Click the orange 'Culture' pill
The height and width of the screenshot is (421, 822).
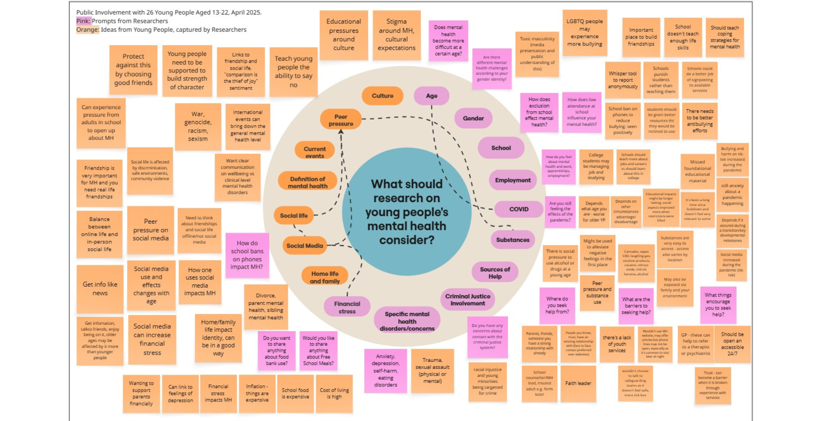[x=382, y=96]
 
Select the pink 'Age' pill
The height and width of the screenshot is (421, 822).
[x=432, y=96]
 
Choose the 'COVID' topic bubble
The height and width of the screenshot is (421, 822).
[x=519, y=209]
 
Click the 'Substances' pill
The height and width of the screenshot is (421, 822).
[x=512, y=240]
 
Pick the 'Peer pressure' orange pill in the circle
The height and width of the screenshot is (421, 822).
[x=341, y=120]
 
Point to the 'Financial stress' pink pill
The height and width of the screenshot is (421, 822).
[x=347, y=307]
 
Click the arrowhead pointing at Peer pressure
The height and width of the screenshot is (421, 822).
[x=341, y=132]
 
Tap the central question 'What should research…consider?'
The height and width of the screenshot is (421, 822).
[x=407, y=212]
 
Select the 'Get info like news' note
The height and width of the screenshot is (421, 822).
[x=100, y=289]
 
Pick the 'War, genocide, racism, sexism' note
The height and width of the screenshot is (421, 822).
[x=198, y=126]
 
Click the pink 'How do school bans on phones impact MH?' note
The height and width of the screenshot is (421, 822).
[x=247, y=255]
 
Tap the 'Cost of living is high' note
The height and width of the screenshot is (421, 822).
[x=334, y=393]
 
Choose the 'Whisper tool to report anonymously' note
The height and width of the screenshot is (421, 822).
[x=623, y=80]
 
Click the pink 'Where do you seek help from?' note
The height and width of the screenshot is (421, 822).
[x=557, y=305]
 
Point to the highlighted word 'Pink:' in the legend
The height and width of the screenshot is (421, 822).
[x=84, y=21]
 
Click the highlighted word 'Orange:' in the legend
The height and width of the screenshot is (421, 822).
[x=88, y=30]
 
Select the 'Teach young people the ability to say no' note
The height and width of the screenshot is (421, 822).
[x=293, y=72]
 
